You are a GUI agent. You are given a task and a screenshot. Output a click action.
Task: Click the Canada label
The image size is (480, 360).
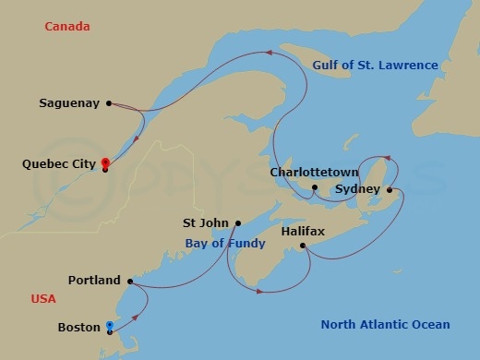click(x=67, y=27)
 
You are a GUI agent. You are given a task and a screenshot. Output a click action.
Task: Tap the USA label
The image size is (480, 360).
click(x=42, y=299)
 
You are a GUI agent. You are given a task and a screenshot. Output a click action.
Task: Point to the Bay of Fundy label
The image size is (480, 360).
click(x=225, y=244)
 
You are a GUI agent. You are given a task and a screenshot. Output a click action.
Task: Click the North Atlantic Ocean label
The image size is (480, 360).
click(x=385, y=324)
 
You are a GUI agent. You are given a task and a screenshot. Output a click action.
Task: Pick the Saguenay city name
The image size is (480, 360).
click(x=70, y=103)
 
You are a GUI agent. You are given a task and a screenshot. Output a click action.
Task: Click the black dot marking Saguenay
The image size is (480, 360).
click(x=109, y=103)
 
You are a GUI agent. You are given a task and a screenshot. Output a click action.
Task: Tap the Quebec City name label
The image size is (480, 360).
click(x=58, y=163)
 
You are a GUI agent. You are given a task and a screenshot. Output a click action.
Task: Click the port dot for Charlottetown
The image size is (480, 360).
click(x=315, y=187)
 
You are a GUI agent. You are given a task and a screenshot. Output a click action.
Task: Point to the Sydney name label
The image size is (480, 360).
click(x=357, y=188)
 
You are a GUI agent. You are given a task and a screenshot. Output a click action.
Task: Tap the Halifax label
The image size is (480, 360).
click(x=303, y=231)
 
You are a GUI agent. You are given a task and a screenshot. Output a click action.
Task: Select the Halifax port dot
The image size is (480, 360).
click(x=303, y=246)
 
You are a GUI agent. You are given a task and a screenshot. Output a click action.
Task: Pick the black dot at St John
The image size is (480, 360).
click(x=237, y=222)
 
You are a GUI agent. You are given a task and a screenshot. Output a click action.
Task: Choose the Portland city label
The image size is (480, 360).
click(x=94, y=280)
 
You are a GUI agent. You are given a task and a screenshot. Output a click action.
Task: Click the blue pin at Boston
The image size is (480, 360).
click(x=110, y=324)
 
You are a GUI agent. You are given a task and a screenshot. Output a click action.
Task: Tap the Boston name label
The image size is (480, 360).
click(x=78, y=327)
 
